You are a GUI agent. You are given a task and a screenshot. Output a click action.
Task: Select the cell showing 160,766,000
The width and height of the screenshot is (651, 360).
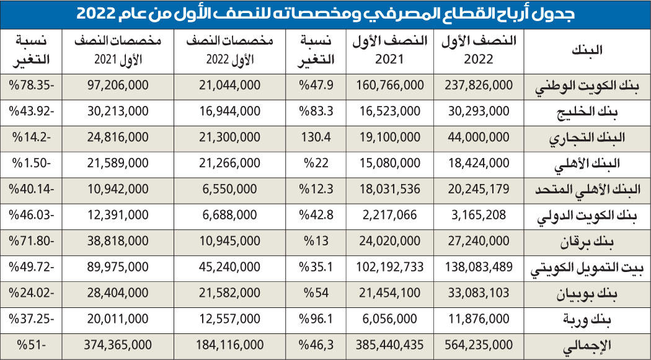[391, 85]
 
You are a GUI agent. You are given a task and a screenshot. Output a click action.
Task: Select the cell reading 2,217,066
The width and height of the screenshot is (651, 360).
[391, 215]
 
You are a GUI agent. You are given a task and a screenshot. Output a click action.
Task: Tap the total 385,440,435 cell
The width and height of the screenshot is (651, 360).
[391, 345]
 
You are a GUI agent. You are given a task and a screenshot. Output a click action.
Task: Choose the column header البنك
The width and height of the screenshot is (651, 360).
[587, 51]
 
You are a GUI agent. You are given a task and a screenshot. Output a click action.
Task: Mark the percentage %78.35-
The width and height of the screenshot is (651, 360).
[31, 85]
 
